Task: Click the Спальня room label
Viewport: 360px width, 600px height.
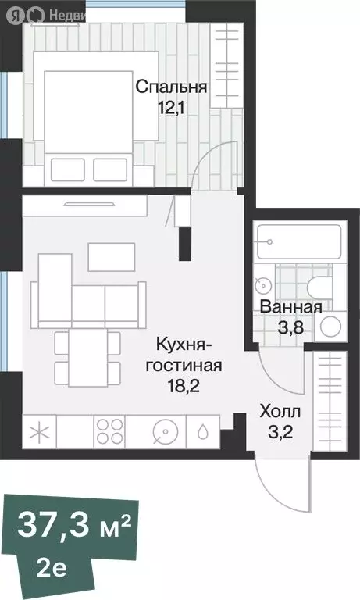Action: [171, 87]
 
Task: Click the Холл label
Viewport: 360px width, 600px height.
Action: [280, 410]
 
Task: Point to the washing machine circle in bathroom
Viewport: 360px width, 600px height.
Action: [333, 324]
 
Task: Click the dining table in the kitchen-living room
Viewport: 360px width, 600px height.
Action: [88, 357]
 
